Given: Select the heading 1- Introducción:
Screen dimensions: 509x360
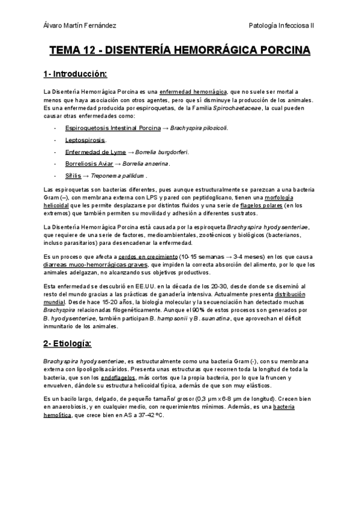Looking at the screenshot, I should pyautogui.click(x=75, y=74).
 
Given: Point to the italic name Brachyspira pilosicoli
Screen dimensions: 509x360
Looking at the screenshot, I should pyautogui.click(x=199, y=128).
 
